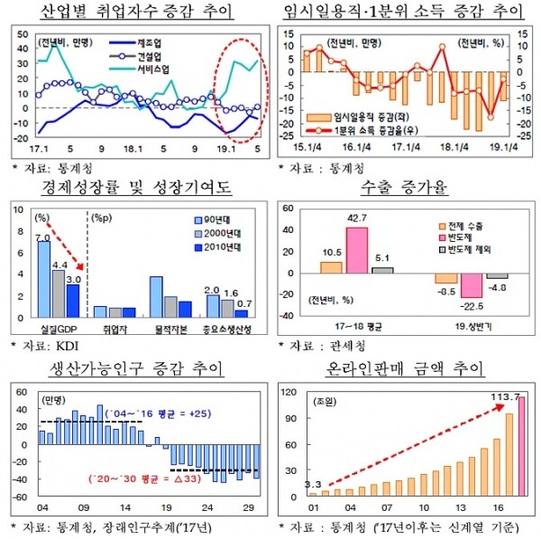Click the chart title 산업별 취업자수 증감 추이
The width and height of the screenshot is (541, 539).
(135, 12)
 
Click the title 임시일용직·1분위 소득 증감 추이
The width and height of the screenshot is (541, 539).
(402, 12)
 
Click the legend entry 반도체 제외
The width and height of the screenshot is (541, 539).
(468, 247)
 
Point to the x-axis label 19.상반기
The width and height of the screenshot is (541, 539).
(471, 324)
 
